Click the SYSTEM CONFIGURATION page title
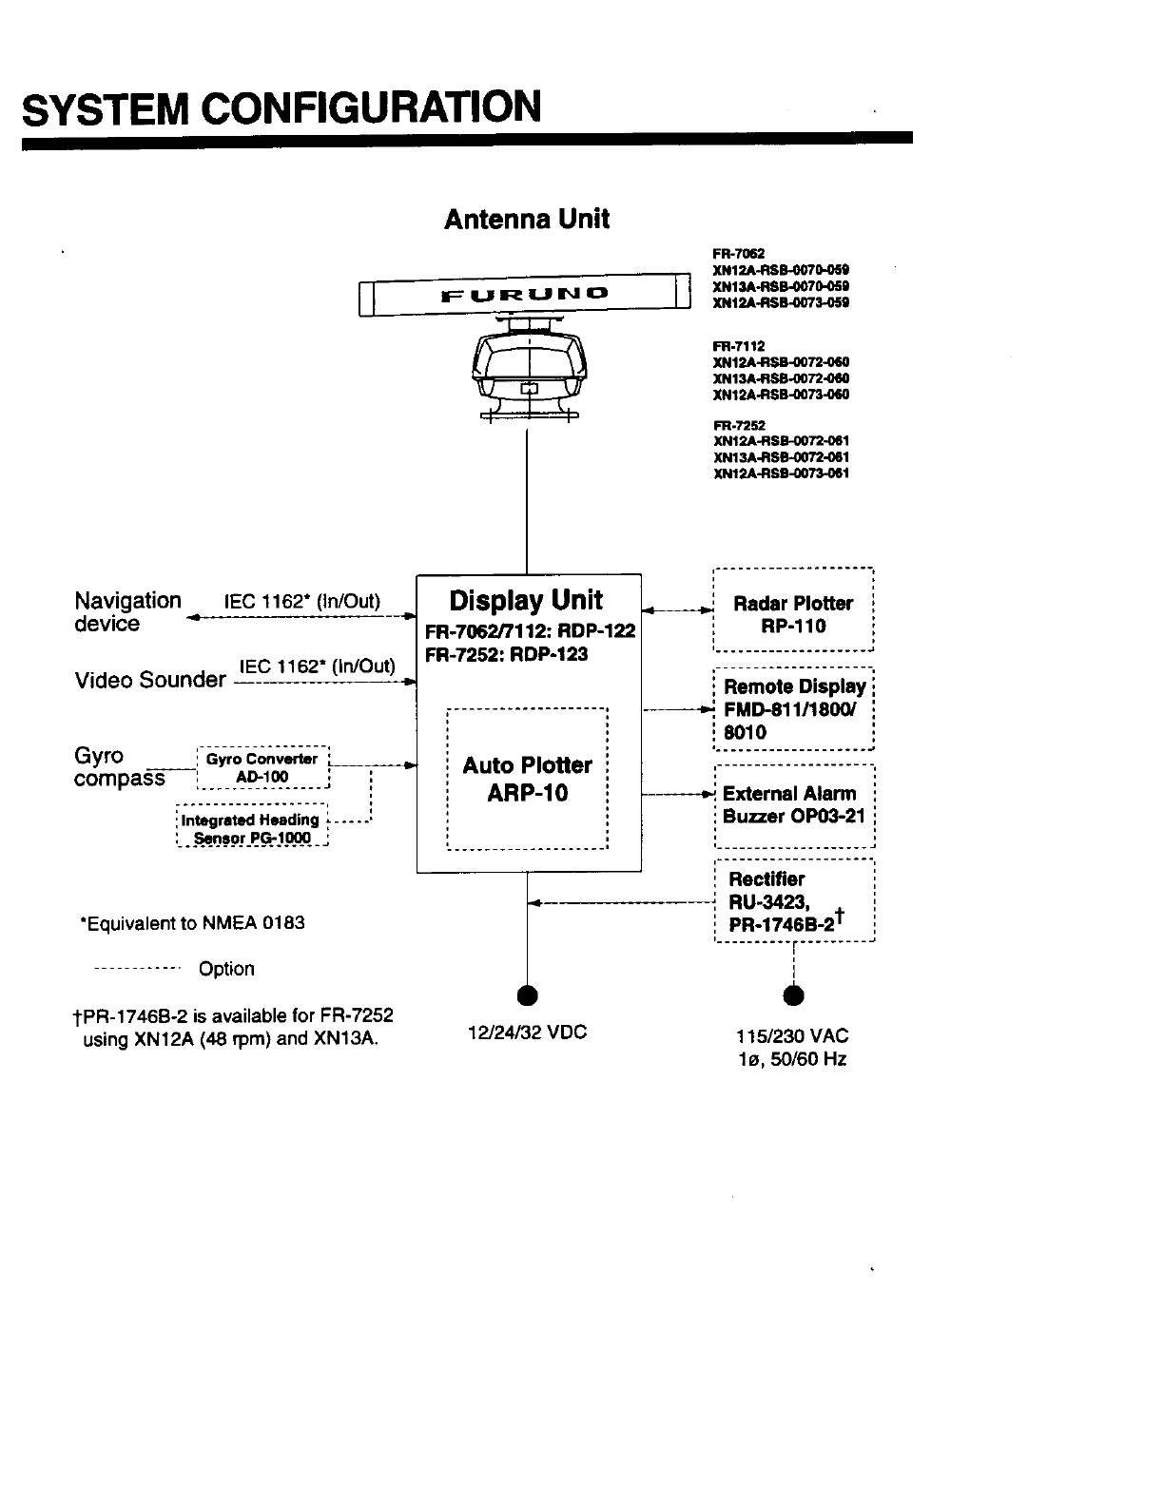(x=282, y=107)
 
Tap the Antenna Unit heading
(x=526, y=219)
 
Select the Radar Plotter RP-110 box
(x=793, y=609)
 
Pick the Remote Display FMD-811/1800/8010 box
(x=793, y=709)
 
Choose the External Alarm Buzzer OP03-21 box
(x=793, y=804)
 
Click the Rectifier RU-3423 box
(x=793, y=900)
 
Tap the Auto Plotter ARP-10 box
(x=527, y=779)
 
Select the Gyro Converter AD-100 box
(x=262, y=768)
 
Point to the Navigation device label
(x=126, y=612)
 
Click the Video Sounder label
(x=150, y=680)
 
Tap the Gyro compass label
(x=119, y=767)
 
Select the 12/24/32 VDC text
(x=528, y=1033)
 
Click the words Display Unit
(x=526, y=600)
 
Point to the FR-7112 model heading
(x=739, y=346)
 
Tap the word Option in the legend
(x=226, y=969)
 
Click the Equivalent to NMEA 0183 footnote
(x=193, y=923)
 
